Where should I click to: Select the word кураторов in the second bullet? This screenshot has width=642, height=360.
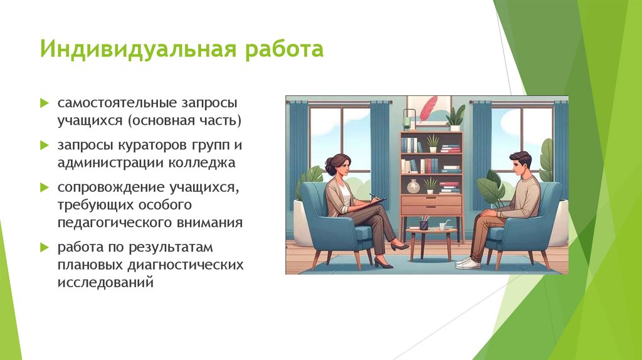tap(143, 146)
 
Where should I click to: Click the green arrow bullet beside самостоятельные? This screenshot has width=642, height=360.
tap(45, 102)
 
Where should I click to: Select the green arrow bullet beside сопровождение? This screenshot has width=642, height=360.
tap(45, 188)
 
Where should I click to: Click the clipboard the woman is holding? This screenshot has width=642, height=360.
tap(376, 201)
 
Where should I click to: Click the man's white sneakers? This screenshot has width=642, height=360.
tap(468, 263)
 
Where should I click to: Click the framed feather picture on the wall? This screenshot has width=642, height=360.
tap(428, 110)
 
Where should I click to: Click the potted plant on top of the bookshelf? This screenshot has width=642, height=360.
tap(455, 118)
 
